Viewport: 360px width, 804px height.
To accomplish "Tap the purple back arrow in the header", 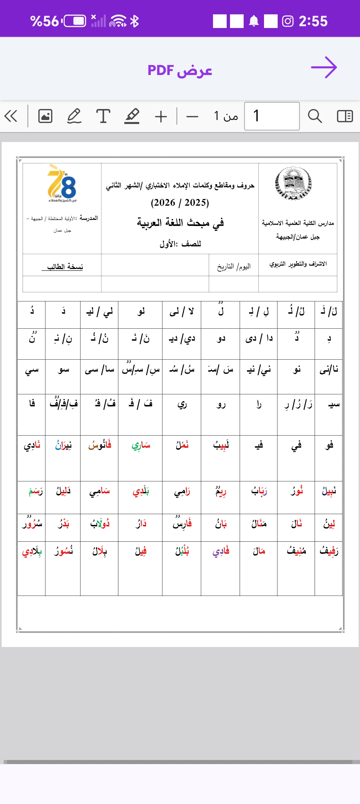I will [324, 68].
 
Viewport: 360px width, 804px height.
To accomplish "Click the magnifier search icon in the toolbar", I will [315, 116].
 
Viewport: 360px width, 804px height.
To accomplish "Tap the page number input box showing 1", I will [272, 116].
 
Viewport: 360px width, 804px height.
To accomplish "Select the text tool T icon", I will [103, 116].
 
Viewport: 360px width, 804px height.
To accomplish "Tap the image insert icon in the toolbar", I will [45, 116].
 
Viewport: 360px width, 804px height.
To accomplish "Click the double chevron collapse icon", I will [11, 116].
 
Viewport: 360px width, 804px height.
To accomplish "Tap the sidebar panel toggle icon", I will [345, 116].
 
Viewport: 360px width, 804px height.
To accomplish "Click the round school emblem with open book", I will [293, 183].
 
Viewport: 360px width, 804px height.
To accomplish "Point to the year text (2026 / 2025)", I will [180, 203].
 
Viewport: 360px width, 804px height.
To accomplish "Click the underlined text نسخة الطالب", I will [65, 267].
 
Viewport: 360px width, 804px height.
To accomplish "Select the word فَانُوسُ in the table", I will [100, 445].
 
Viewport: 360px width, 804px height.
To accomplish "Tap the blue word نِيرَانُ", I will [63, 445].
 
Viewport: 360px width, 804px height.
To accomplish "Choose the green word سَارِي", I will [141, 445].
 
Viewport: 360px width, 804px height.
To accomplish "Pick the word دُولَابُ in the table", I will [100, 524].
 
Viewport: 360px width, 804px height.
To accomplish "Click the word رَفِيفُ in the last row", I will [329, 551].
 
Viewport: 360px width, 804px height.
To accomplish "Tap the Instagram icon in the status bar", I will [288, 21].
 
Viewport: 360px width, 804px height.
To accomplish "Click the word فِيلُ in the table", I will [141, 551].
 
